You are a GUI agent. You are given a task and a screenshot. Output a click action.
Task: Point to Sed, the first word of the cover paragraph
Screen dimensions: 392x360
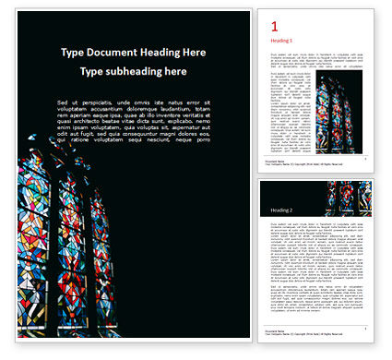pos(62,102)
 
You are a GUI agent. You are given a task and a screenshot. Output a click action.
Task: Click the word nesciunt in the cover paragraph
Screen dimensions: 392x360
pos(160,139)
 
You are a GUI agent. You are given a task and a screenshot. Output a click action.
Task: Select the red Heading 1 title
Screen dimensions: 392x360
pos(281,41)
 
